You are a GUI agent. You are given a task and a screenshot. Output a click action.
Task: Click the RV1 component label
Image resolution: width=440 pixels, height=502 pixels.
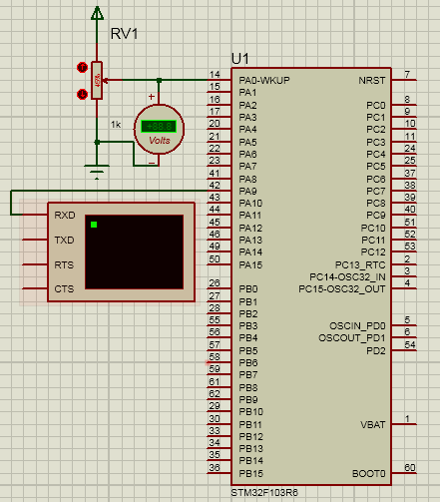[x=124, y=34]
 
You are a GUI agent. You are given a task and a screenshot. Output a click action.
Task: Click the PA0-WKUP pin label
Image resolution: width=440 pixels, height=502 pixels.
[x=262, y=80]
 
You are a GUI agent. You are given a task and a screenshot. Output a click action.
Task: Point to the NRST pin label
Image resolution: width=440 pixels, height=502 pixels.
[x=371, y=80]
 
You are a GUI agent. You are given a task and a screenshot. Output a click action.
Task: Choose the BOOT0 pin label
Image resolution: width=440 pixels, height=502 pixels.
[x=368, y=473]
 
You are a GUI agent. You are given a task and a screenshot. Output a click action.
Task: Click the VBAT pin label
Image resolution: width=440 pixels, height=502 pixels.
[x=371, y=424]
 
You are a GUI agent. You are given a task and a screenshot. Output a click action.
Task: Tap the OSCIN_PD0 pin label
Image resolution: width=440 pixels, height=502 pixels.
[x=357, y=325]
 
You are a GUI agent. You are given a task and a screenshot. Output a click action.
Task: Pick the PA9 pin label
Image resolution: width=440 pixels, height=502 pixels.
[x=248, y=191]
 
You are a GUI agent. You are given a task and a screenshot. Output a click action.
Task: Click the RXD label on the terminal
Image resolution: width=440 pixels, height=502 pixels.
[x=64, y=215]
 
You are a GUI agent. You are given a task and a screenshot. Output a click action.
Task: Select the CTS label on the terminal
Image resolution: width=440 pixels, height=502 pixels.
[x=64, y=289]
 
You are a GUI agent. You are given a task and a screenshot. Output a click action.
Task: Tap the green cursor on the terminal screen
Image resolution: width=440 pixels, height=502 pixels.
[x=94, y=225]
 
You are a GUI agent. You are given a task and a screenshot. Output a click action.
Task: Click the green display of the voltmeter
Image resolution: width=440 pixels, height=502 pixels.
[x=159, y=126]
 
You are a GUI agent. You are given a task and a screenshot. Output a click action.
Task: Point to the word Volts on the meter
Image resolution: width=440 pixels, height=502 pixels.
[x=159, y=141]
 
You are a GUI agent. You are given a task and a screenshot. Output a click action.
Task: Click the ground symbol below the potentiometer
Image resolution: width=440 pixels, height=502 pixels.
[x=97, y=171]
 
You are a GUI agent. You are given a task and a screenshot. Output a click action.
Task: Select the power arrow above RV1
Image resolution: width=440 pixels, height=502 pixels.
[x=97, y=13]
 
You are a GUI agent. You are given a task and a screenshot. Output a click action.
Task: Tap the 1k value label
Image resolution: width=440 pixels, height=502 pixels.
[x=117, y=125]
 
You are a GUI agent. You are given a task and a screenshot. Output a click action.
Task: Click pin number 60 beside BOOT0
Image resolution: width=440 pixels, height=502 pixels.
[x=409, y=467]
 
